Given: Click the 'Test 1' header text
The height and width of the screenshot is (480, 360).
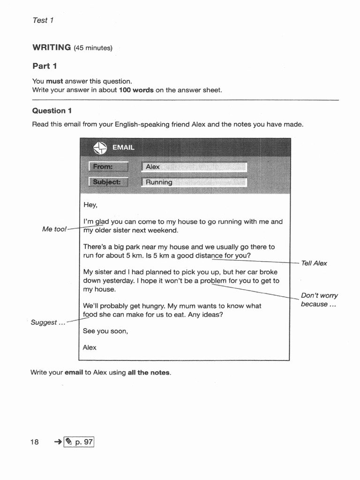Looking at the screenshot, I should (x=43, y=20).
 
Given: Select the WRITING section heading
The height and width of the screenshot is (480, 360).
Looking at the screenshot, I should (x=52, y=47).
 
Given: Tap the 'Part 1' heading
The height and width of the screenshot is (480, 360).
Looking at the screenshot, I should (x=45, y=66).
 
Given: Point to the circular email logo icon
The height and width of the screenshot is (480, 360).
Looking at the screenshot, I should (x=100, y=147).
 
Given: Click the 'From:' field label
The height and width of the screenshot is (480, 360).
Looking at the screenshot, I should (x=108, y=166).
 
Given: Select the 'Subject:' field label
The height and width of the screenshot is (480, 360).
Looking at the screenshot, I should (x=108, y=182).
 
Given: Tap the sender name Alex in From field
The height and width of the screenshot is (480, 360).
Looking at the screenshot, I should (x=153, y=166).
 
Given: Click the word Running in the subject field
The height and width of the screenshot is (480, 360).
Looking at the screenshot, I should (x=159, y=182).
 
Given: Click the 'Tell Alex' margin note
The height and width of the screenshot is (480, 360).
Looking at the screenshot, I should (x=314, y=263).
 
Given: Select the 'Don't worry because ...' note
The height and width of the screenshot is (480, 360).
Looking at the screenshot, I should (x=319, y=300).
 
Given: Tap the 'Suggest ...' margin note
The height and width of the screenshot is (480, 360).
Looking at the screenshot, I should (x=48, y=322).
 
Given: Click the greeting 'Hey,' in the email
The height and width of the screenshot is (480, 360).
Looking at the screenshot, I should (x=90, y=205).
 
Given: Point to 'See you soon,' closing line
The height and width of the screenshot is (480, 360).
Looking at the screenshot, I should (x=105, y=331).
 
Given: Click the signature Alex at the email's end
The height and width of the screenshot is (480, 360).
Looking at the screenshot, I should (x=90, y=347).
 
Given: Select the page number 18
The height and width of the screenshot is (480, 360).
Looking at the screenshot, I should (x=35, y=442).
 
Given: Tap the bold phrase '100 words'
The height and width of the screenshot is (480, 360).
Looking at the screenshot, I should (x=136, y=90).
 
